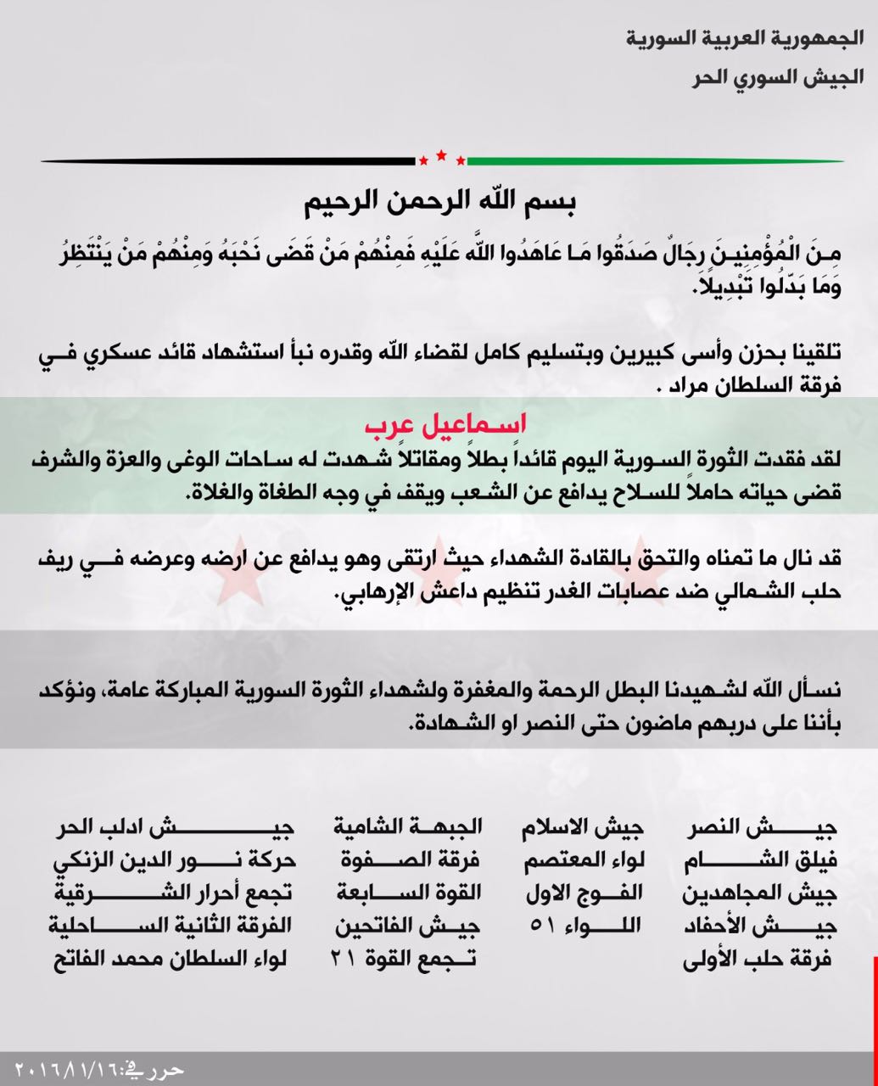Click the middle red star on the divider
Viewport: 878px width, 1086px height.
click(441, 155)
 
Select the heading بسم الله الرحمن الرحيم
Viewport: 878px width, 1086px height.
click(440, 204)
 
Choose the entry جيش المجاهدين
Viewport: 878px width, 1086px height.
click(761, 893)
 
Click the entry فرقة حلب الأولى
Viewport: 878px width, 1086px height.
click(761, 960)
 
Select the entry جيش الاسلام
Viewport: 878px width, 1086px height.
click(583, 827)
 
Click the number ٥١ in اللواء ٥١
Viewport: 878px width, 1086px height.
click(540, 926)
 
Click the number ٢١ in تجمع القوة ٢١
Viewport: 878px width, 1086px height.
click(346, 960)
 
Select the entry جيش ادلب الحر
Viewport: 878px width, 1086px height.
click(174, 827)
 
